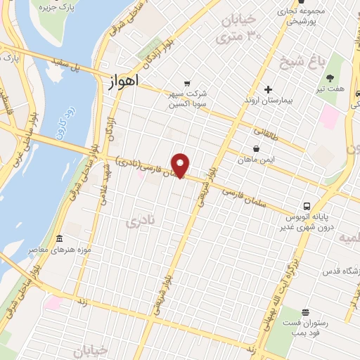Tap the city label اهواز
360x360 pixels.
(124, 82)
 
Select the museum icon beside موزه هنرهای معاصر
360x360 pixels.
(59, 238)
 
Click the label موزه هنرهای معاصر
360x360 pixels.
(52, 250)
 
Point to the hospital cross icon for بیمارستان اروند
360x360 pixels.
(268, 89)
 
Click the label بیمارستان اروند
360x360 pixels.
(268, 101)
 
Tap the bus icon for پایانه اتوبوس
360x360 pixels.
(307, 206)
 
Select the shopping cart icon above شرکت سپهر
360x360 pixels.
(187, 82)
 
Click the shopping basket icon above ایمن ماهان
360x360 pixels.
(255, 148)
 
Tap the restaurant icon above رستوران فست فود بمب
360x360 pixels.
(304, 313)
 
